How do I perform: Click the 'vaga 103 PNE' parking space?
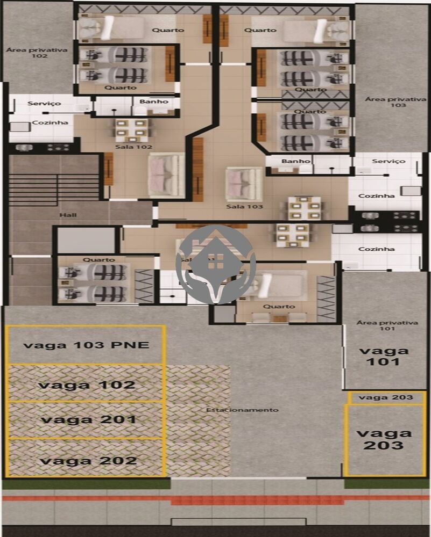(86, 345)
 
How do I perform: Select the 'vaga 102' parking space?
(86, 384)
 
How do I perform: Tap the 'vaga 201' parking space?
(86, 419)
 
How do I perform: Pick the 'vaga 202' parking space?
(86, 460)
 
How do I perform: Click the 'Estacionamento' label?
(243, 410)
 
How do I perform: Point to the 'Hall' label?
(68, 215)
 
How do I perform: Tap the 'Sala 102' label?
(133, 146)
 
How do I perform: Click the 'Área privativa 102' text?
(37, 52)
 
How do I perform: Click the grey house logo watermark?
(215, 263)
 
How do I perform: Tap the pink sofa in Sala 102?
(166, 174)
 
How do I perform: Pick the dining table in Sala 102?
(132, 129)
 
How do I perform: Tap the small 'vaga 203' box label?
(386, 397)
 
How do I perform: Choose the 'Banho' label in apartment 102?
(154, 101)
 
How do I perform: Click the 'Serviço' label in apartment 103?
(388, 161)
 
